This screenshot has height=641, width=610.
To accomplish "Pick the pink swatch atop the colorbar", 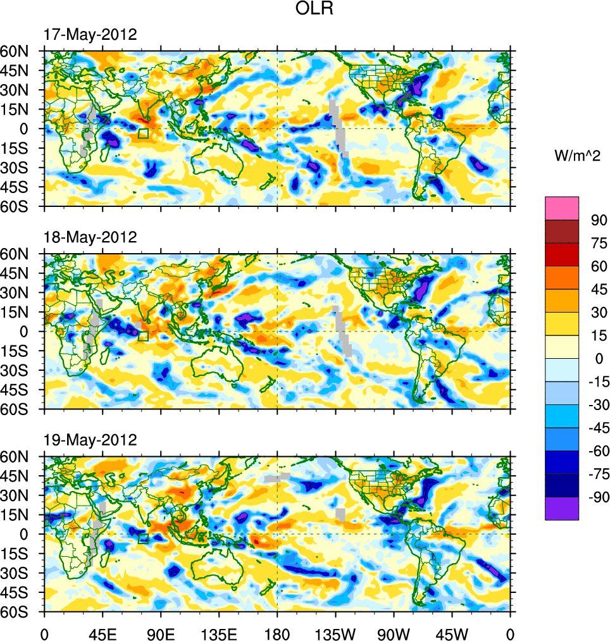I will [562, 208].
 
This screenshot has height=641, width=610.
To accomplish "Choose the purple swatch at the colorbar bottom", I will [562, 508].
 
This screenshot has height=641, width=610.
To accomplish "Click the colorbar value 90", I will [599, 220].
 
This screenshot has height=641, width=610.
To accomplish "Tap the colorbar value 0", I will [595, 359].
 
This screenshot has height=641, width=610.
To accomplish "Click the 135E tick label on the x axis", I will [218, 632].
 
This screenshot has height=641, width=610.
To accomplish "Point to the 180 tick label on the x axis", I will [277, 632].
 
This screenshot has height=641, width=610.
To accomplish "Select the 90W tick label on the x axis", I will [393, 632].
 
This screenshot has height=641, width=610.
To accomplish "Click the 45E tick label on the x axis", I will [102, 632].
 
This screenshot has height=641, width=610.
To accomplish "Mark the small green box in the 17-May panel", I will [143, 133].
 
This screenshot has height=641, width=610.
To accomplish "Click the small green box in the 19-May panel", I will [143, 538].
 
